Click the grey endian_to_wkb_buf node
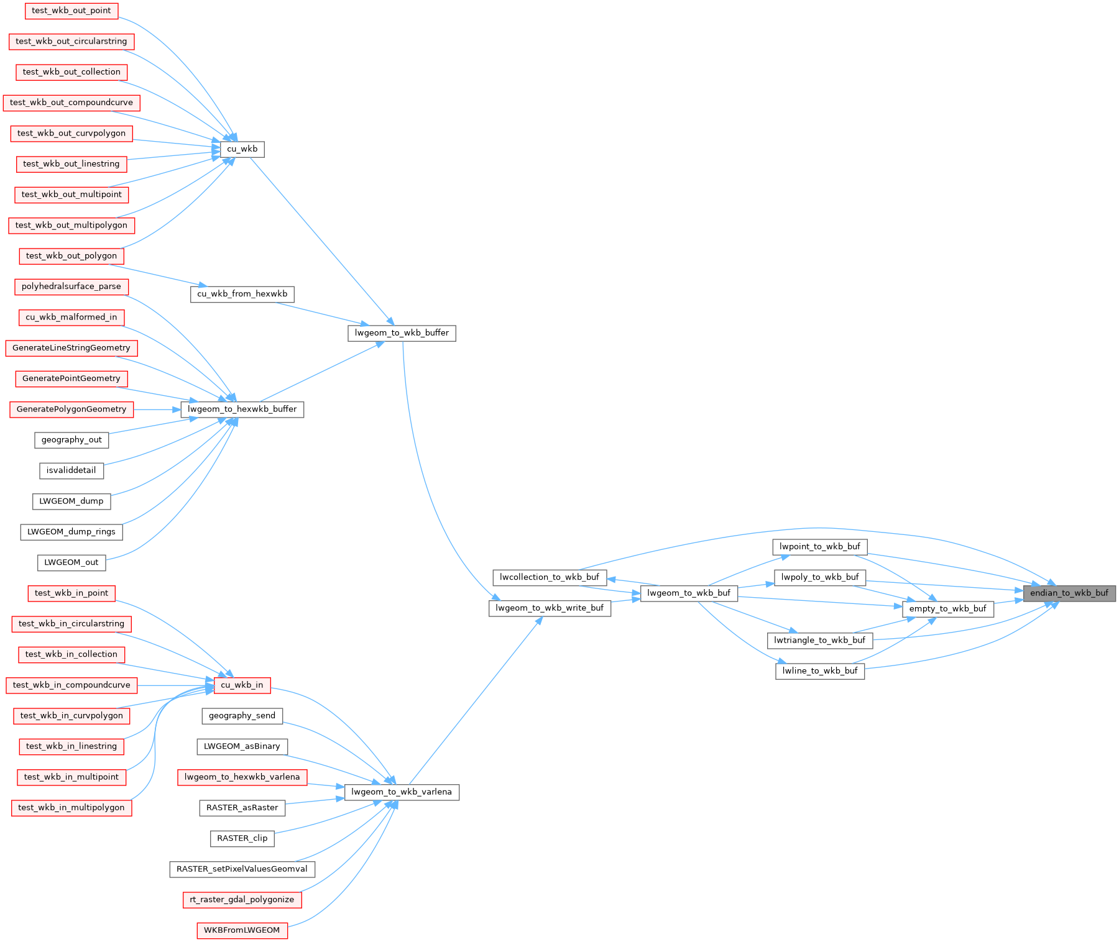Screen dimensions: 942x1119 (x=1069, y=593)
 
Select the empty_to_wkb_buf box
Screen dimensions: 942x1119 (x=947, y=609)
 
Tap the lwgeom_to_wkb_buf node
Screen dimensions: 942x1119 (x=689, y=593)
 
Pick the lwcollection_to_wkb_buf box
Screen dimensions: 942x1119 (x=550, y=577)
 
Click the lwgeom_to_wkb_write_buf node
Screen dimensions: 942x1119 (x=550, y=608)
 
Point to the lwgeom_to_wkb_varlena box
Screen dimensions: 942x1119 (x=402, y=792)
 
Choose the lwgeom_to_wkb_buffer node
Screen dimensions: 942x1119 (x=402, y=333)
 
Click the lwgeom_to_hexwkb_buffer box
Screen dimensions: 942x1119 (x=242, y=409)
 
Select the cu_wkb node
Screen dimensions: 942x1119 (x=242, y=149)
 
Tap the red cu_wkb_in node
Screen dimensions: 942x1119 (x=242, y=685)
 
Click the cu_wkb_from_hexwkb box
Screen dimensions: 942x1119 (x=242, y=294)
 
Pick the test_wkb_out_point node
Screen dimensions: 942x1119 (x=71, y=11)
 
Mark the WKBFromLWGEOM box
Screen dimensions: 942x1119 (x=242, y=930)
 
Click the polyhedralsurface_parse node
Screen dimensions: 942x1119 (x=71, y=286)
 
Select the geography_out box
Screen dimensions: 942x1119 (x=71, y=440)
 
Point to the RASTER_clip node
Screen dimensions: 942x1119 (x=242, y=838)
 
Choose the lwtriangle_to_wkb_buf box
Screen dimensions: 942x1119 (x=820, y=641)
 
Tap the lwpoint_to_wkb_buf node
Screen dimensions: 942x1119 (x=820, y=547)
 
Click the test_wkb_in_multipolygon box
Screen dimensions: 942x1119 (x=71, y=808)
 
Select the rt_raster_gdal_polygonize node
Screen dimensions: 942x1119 (x=242, y=900)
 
